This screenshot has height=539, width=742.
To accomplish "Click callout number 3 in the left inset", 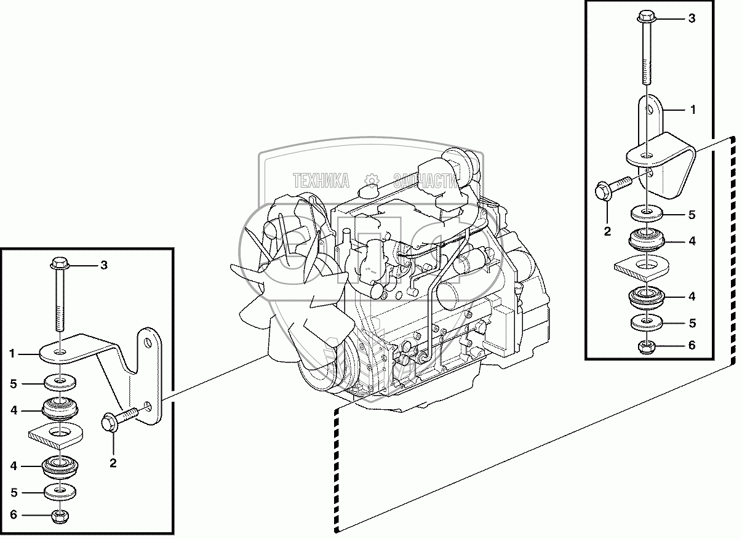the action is pyautogui.click(x=104, y=265).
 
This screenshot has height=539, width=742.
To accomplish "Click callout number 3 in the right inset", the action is pyautogui.click(x=692, y=18).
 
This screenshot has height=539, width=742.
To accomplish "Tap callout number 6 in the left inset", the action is pyautogui.click(x=14, y=514).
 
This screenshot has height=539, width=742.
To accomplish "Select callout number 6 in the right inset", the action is pyautogui.click(x=692, y=345).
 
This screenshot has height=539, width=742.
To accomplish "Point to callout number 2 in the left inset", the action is pyautogui.click(x=113, y=463).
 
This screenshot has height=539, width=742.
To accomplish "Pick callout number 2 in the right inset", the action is pyautogui.click(x=607, y=231).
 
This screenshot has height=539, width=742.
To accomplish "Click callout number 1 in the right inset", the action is pyautogui.click(x=693, y=110).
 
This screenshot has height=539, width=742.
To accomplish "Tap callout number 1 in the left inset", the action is pyautogui.click(x=12, y=354).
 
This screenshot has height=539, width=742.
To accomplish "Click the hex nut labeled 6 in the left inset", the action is pyautogui.click(x=60, y=516).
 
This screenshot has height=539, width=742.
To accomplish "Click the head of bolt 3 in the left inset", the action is pyautogui.click(x=60, y=264).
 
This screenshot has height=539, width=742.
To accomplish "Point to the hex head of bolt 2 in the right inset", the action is pyautogui.click(x=604, y=191).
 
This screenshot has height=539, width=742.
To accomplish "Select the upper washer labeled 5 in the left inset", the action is pyautogui.click(x=60, y=382).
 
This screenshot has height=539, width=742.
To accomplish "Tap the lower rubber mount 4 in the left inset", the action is pyautogui.click(x=60, y=468).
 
